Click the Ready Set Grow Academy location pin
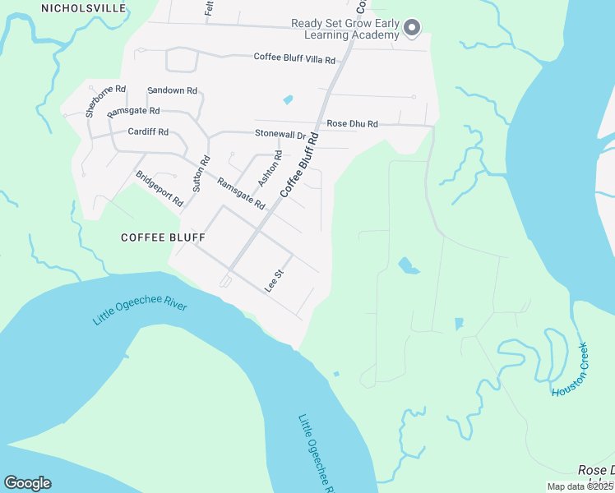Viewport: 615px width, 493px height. click(413, 29)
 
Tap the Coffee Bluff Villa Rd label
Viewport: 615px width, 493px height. click(294, 59)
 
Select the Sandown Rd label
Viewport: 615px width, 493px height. click(172, 90)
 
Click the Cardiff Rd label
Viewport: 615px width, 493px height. click(148, 131)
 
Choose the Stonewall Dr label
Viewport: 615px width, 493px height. click(280, 133)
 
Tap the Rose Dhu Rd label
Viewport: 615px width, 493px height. click(352, 124)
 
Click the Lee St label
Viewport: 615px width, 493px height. click(274, 280)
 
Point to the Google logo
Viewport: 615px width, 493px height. click(27, 482)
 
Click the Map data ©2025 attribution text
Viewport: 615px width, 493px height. click(580, 486)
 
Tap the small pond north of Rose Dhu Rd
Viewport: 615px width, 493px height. click(287, 100)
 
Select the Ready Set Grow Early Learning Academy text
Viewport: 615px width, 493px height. click(345, 30)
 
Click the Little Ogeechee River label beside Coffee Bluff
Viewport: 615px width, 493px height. click(140, 312)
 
